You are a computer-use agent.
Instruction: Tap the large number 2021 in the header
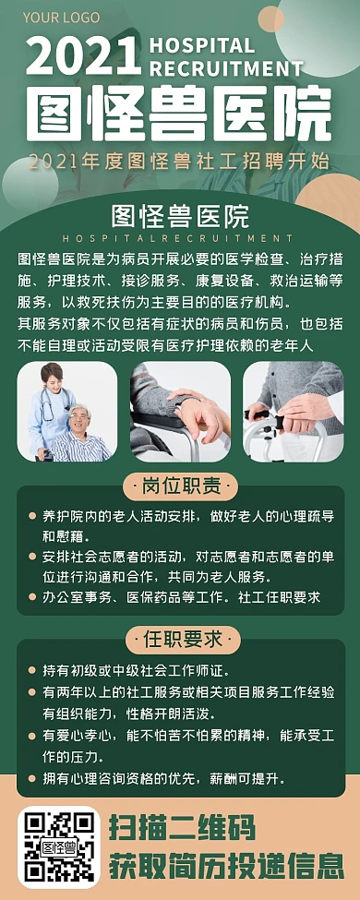tap(83, 57)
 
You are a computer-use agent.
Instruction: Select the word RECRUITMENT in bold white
tap(226, 68)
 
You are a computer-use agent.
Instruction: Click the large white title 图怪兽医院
tap(179, 114)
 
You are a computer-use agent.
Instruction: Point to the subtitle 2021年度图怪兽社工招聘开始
tap(179, 162)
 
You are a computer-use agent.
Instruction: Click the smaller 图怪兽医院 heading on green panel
tap(179, 216)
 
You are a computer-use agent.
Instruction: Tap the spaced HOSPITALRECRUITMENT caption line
tap(179, 238)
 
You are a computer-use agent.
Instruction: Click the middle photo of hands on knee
tap(180, 411)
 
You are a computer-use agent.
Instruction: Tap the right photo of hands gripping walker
tap(293, 411)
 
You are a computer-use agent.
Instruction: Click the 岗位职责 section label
tap(180, 486)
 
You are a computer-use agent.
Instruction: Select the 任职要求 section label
tap(180, 639)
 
